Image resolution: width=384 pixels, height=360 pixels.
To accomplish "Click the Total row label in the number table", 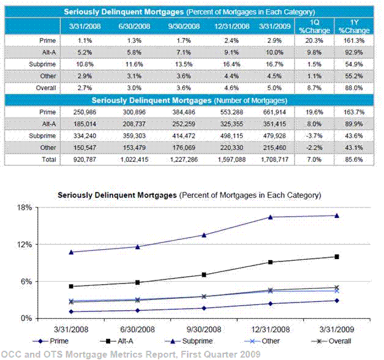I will coord(45,159).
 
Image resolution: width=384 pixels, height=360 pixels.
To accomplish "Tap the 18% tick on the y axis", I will coord(24,208).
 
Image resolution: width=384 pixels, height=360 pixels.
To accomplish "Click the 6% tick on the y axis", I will coord(26,282).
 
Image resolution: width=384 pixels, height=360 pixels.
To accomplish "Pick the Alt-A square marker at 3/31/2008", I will coord(72,287).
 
